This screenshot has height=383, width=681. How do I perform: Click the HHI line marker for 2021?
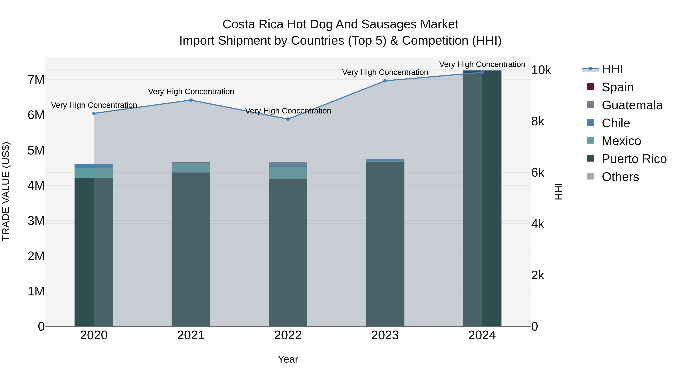(x=191, y=100)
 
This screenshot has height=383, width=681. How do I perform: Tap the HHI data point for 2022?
(x=288, y=119)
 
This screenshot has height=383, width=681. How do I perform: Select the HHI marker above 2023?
(x=385, y=81)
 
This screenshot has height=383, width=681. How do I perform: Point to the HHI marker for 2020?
(x=94, y=113)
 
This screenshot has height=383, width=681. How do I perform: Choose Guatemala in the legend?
(x=632, y=105)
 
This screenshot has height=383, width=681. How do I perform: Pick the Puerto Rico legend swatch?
(x=590, y=159)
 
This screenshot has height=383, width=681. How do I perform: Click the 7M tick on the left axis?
(x=36, y=80)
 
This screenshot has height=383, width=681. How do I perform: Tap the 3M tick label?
(x=36, y=221)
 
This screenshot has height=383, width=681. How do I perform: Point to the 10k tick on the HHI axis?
(x=541, y=70)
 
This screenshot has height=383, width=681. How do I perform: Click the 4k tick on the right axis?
(x=537, y=224)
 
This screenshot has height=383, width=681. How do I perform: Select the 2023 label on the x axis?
(x=385, y=335)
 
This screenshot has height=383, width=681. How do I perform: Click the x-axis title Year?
(x=288, y=359)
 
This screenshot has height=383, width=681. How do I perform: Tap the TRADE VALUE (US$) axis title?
(x=6, y=191)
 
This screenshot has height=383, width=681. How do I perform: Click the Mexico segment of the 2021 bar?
(x=191, y=168)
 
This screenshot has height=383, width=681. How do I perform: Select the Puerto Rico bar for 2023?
(x=385, y=243)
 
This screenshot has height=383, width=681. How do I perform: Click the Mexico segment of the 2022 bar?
(x=288, y=173)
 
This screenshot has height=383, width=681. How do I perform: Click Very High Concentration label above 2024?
(x=482, y=64)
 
